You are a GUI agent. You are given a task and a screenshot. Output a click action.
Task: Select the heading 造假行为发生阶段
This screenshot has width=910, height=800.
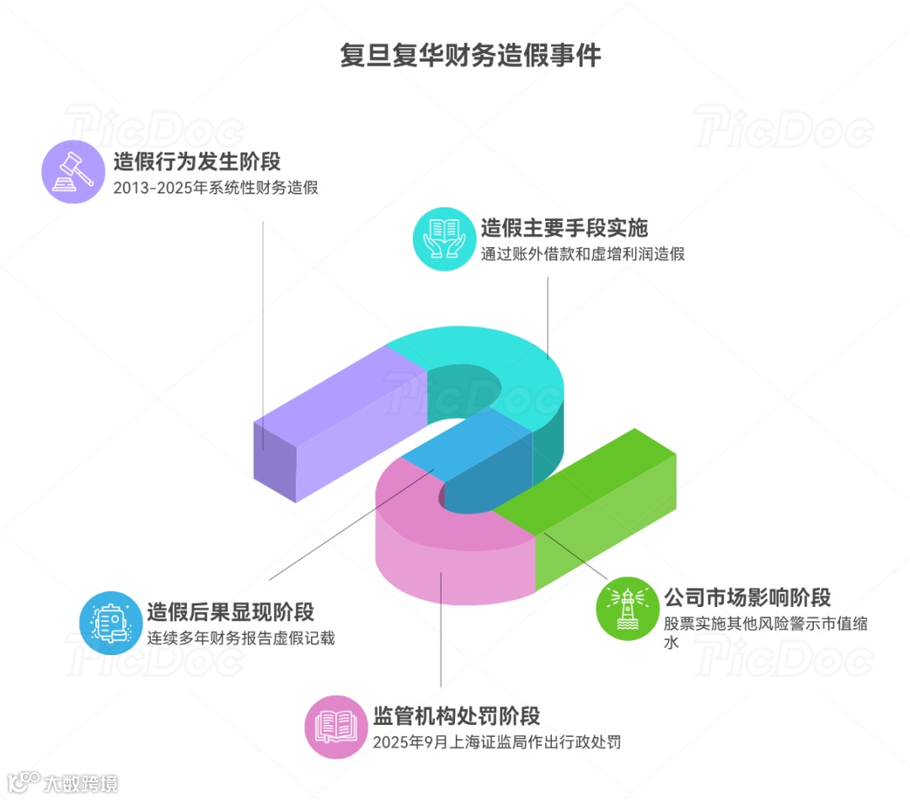tap(197, 161)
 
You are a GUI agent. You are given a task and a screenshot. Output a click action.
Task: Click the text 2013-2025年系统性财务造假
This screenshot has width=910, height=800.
tap(216, 188)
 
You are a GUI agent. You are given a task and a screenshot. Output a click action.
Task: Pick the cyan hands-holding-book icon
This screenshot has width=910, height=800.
tap(444, 239)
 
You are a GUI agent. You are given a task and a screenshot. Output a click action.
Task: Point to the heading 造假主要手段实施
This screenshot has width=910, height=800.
tap(565, 228)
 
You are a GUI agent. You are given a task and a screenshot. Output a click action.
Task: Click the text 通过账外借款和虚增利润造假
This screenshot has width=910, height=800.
tap(583, 255)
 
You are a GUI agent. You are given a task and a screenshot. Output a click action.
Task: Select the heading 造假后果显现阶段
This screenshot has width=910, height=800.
tap(230, 611)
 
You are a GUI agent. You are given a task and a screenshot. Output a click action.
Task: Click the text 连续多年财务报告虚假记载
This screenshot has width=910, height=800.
tap(241, 638)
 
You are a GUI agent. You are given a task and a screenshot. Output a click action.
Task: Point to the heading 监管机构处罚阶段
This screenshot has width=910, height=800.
tap(456, 716)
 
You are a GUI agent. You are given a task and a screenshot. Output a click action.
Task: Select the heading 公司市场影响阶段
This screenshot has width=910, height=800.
tap(747, 598)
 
